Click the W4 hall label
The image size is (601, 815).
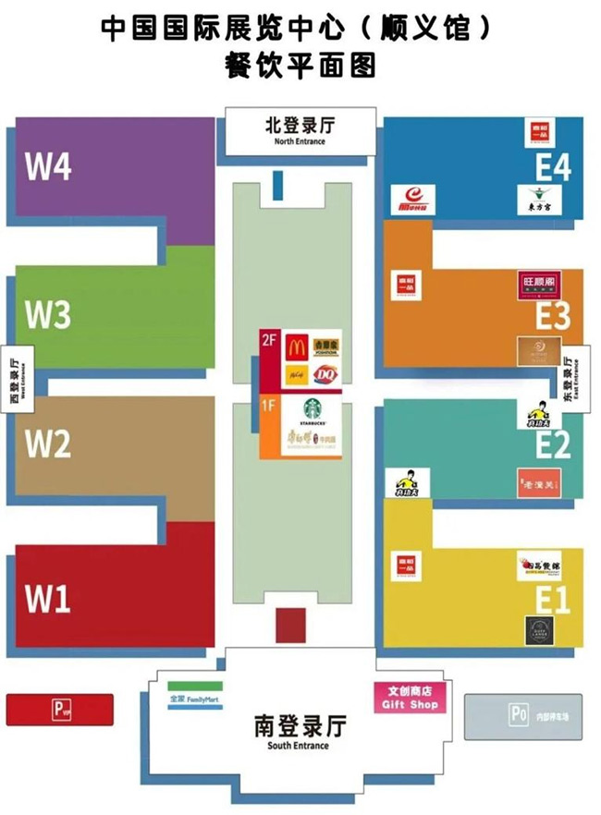[x=48, y=167]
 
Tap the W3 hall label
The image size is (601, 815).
[x=48, y=315]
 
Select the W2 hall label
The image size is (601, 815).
[x=48, y=444]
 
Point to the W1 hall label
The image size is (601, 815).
[x=48, y=599]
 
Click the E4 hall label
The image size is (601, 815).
[x=553, y=167]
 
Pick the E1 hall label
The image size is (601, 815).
[x=553, y=602]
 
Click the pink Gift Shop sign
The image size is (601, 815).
[x=407, y=698]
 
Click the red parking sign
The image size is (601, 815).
[x=60, y=710]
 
